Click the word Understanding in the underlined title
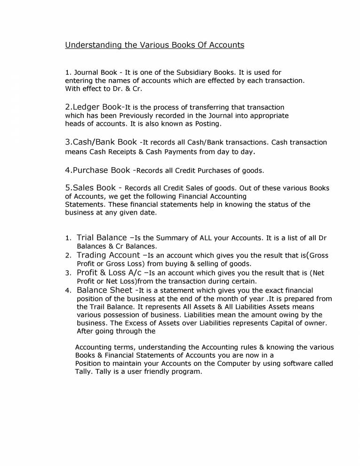tap(88, 45)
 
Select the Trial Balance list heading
tap(102, 238)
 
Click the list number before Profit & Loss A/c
tap(68, 273)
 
